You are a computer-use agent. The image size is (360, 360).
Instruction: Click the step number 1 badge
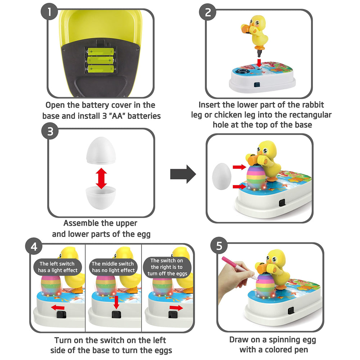point(49,12)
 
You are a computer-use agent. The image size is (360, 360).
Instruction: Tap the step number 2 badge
point(208,12)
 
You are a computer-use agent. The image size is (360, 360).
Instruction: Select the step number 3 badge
point(50,131)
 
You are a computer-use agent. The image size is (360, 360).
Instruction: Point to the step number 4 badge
point(34,246)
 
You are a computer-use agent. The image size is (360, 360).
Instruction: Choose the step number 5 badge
point(219,246)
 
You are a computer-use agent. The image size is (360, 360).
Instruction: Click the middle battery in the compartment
point(101,60)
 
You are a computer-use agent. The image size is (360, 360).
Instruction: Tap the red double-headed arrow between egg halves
point(101,179)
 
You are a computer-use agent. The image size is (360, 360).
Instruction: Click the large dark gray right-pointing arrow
point(183,174)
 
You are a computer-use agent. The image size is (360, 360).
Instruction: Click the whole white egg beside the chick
point(221,176)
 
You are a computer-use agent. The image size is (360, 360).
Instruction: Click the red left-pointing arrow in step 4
point(58,307)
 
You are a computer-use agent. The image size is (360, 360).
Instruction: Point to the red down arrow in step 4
point(116,302)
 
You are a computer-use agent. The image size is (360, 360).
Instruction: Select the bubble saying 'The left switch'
point(58,267)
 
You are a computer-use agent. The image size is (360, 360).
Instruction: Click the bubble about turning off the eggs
point(167,267)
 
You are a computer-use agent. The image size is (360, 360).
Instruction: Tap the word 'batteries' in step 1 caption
point(144,116)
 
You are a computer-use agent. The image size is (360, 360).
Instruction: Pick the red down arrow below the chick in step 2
point(259,63)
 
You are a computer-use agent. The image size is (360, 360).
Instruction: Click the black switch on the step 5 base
point(291,311)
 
